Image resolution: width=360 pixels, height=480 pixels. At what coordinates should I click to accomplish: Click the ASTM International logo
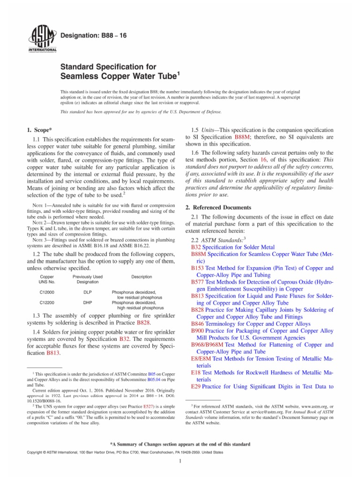tap(43, 37)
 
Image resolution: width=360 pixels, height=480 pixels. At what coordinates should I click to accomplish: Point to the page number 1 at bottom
tap(180, 461)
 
